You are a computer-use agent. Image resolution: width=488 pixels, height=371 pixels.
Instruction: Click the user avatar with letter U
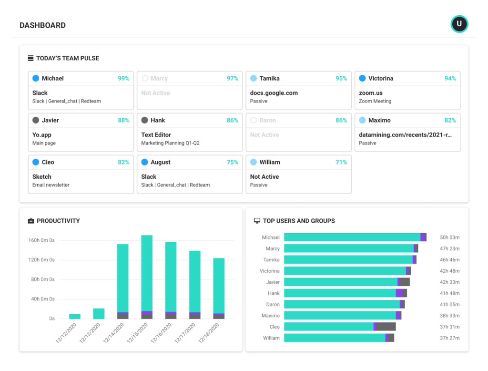[459, 24]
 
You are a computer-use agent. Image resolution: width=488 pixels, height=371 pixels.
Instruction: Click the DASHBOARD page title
[42, 25]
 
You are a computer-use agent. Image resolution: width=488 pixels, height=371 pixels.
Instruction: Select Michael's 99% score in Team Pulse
[123, 79]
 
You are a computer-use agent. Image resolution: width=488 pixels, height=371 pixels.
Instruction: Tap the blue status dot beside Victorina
[362, 78]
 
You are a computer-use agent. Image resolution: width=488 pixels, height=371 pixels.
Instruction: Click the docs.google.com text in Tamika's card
[274, 93]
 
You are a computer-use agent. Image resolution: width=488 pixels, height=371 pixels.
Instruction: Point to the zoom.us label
[370, 93]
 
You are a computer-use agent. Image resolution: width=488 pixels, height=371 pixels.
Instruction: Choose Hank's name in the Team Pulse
[157, 121]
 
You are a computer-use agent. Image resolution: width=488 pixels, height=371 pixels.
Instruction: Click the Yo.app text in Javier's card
[42, 135]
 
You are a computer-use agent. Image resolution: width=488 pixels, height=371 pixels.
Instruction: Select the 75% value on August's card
[232, 163]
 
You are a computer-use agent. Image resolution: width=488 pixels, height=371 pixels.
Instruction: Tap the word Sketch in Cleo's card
[42, 177]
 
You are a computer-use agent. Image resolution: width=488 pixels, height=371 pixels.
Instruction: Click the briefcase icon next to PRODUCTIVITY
[31, 221]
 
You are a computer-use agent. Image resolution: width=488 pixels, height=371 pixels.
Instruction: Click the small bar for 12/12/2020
[75, 316]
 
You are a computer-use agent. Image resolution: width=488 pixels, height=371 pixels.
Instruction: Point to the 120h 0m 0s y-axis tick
[41, 260]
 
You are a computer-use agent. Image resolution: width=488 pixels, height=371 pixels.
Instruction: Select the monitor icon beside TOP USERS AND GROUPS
[257, 221]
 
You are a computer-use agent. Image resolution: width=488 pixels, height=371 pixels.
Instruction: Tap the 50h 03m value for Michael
[449, 237]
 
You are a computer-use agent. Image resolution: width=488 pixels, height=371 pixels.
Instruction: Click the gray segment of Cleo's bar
[386, 327]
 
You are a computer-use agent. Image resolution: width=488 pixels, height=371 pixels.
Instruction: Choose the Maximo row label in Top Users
[271, 316]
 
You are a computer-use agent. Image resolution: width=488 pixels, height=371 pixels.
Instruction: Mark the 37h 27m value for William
[449, 338]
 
